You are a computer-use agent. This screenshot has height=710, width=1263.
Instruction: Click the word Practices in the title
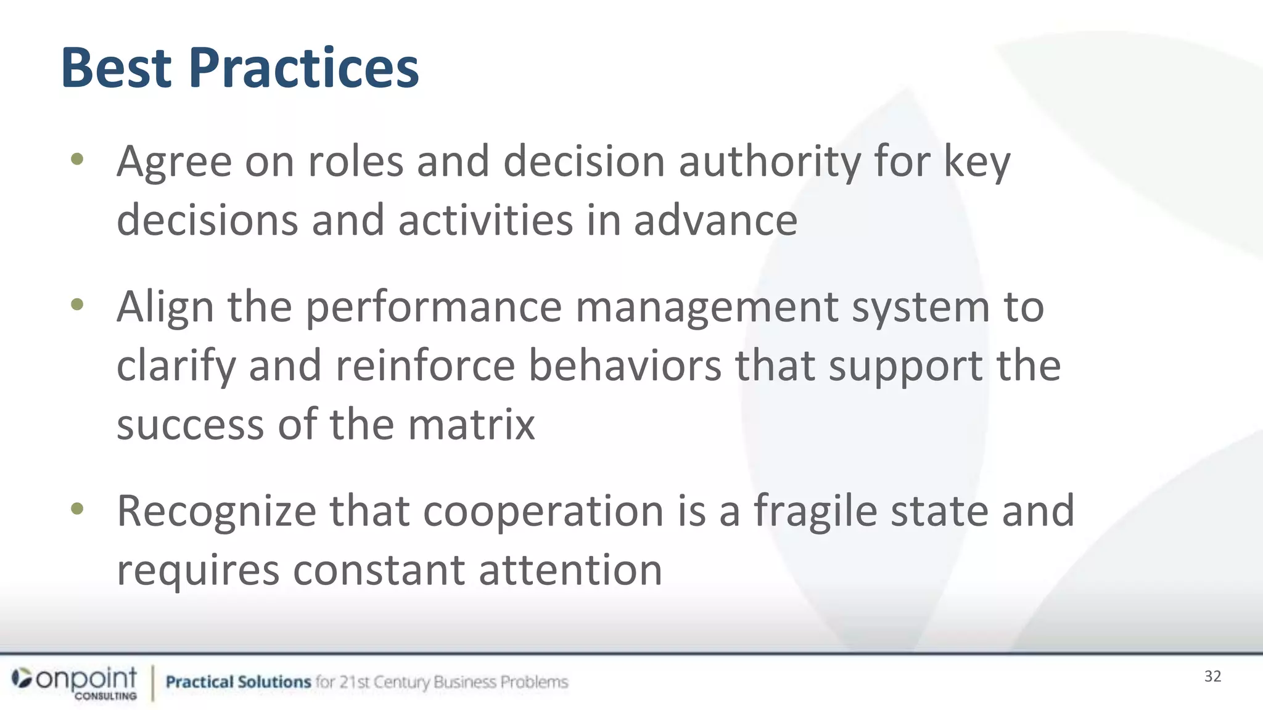tap(303, 69)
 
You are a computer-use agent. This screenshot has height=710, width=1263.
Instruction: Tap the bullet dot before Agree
tap(77, 160)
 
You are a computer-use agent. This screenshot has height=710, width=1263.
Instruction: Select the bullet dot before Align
tap(77, 304)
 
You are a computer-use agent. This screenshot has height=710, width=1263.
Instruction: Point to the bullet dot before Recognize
tap(77, 509)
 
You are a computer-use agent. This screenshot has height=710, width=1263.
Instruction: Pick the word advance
tap(715, 220)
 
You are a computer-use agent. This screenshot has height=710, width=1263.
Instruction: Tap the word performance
tap(434, 307)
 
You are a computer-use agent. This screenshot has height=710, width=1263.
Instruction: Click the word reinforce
tap(425, 365)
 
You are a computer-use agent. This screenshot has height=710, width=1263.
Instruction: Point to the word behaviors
tap(625, 365)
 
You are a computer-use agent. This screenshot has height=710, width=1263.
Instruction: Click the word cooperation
tap(543, 511)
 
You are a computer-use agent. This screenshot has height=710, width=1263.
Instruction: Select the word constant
tap(378, 569)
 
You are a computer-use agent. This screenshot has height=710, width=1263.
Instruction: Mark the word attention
tap(570, 569)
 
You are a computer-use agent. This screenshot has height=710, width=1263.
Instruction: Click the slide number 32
tap(1212, 676)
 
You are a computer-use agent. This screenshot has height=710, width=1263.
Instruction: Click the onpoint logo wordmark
tap(86, 678)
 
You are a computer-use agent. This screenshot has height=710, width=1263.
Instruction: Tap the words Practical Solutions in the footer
tap(238, 682)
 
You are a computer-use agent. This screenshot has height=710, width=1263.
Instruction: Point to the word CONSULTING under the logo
tap(105, 696)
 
